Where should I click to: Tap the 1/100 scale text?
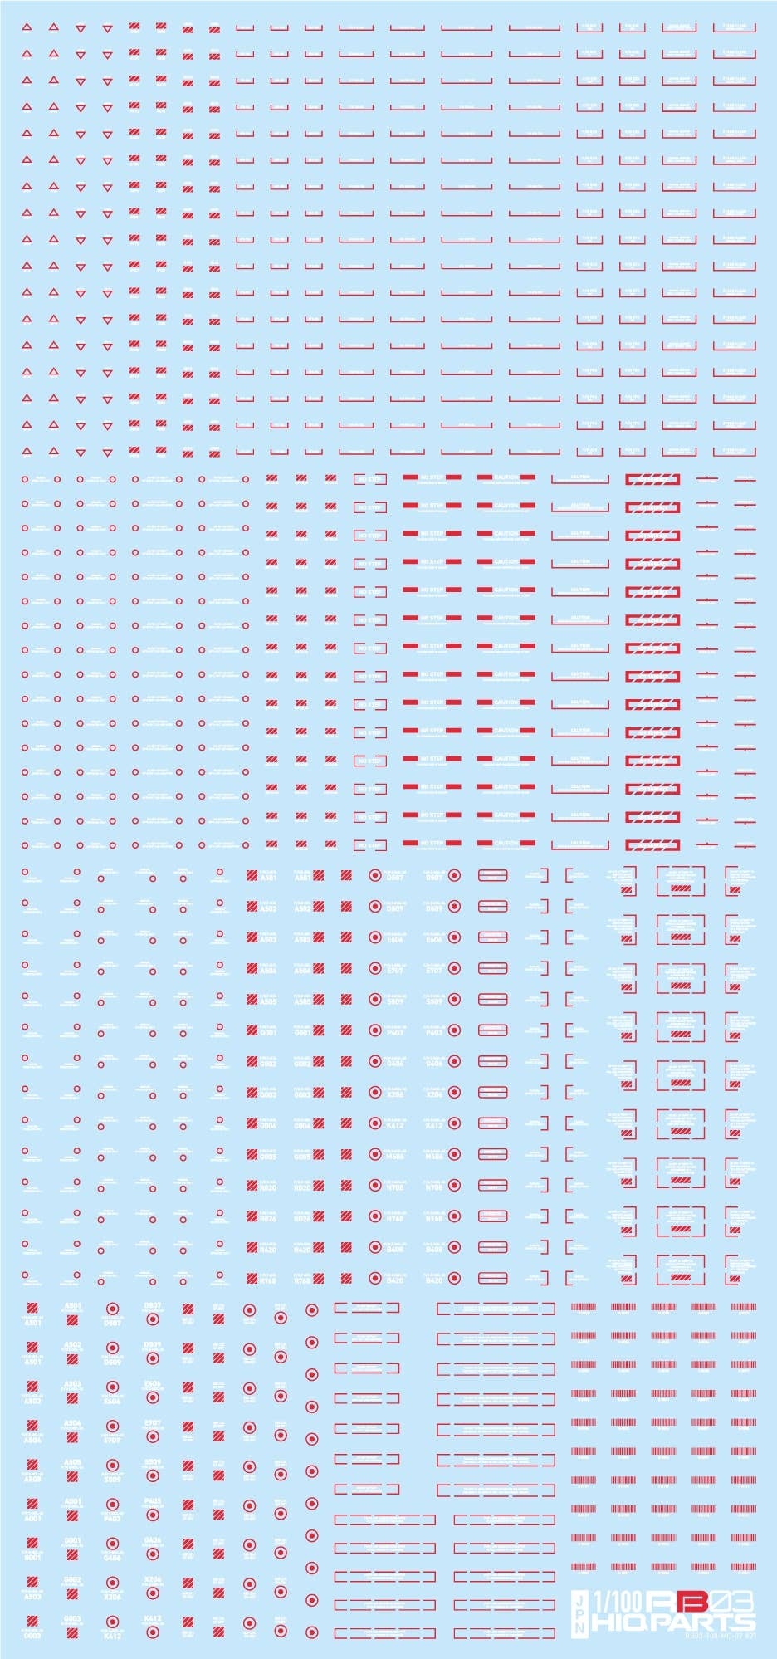[617, 1600]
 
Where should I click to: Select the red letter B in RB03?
[695, 1600]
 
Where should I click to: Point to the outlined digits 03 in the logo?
[735, 1600]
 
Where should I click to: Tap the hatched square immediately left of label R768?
[252, 1280]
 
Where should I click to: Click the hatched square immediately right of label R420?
[319, 1249]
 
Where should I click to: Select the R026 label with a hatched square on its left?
[268, 1219]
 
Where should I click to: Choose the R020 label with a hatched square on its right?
[302, 1187]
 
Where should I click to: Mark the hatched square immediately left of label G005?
[252, 1156]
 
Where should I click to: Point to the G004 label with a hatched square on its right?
[302, 1125]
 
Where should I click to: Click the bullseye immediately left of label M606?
[374, 1156]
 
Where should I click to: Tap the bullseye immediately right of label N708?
[454, 1187]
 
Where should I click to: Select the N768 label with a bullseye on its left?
[395, 1218]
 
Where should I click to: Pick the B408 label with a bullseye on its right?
[434, 1249]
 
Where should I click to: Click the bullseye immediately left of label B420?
[374, 1280]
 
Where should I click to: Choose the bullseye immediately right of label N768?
[454, 1217]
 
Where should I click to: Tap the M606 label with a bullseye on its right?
[434, 1156]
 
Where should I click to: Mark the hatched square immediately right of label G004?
[319, 1124]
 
